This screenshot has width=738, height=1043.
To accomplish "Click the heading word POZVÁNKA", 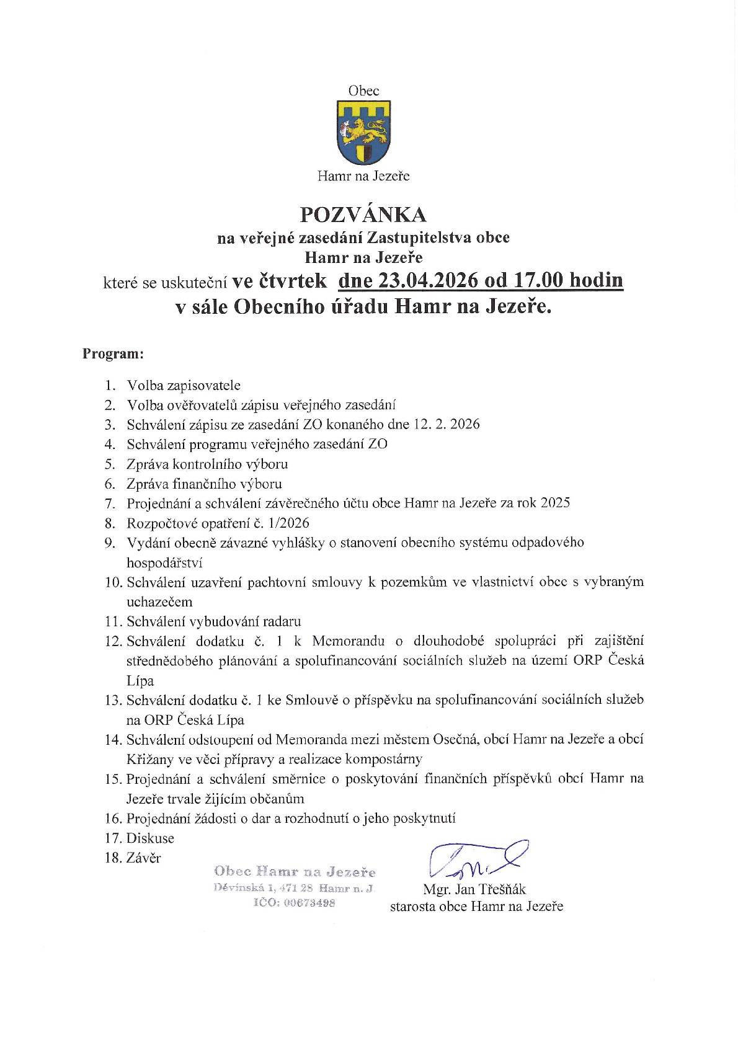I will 363,214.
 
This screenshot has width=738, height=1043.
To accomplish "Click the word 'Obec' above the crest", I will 363,91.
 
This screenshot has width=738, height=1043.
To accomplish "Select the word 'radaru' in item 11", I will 283,621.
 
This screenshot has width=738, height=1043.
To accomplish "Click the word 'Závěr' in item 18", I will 143,858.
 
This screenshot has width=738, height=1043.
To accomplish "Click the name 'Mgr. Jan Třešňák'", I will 474,889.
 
